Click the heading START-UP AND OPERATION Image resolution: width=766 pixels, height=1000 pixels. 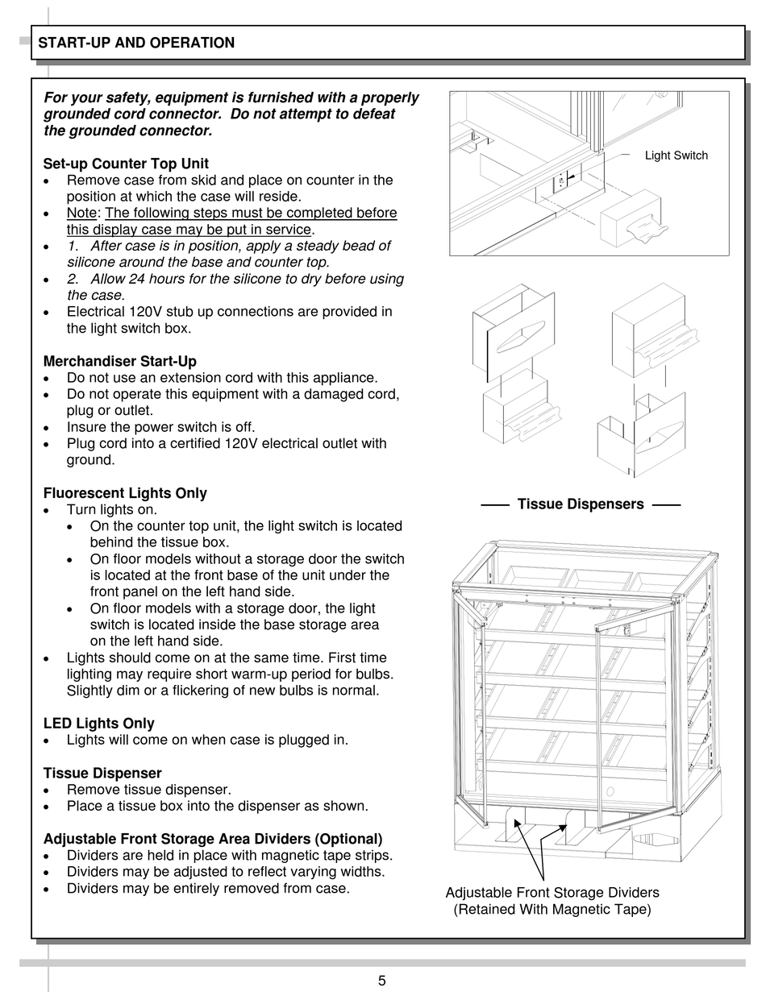[136, 43]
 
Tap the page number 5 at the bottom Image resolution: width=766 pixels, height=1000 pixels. [381, 981]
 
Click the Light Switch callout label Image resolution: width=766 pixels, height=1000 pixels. [676, 156]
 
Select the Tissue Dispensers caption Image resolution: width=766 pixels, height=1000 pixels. [580, 504]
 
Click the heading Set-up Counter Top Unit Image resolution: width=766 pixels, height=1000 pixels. [126, 164]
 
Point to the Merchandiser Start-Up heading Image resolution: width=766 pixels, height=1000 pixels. [119, 361]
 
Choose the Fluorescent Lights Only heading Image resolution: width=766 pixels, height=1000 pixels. [125, 492]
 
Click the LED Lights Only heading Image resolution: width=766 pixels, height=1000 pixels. [98, 723]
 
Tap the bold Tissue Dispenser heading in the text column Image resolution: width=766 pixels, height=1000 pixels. [102, 773]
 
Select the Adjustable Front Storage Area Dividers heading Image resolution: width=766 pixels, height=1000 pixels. [213, 839]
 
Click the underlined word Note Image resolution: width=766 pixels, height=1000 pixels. [81, 213]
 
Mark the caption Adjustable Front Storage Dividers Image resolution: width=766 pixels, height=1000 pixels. [552, 893]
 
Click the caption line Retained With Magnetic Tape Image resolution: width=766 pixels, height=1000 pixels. [552, 910]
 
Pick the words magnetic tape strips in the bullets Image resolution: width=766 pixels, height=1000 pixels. [335, 856]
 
